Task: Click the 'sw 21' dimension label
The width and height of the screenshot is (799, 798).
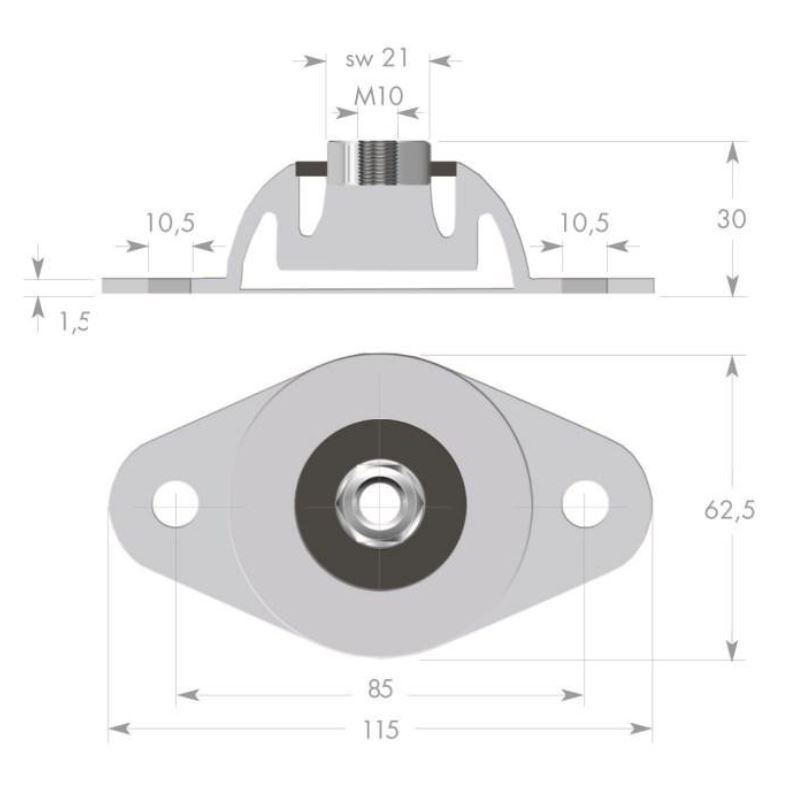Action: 378,59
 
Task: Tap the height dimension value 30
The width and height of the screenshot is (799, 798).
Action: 732,219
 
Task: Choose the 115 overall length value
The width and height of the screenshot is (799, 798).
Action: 381,730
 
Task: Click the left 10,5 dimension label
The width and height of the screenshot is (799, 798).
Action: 169,223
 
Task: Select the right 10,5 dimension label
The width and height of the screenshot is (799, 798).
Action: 583,223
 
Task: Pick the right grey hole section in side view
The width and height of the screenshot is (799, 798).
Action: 583,285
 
